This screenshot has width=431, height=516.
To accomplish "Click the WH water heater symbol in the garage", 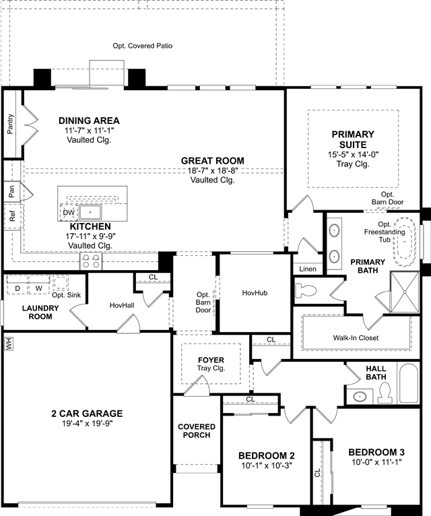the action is (x=9, y=344).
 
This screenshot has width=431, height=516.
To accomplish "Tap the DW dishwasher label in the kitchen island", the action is (x=69, y=213).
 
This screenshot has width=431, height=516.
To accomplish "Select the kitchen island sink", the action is (x=90, y=212).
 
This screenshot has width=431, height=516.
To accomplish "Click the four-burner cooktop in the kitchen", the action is (x=91, y=261).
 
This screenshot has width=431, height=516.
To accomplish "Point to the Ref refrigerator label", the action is (x=13, y=216).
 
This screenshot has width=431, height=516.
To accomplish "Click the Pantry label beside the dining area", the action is (x=11, y=124).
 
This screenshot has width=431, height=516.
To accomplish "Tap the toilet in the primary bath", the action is (x=306, y=291).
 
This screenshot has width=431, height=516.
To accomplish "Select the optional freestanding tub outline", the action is (x=404, y=242).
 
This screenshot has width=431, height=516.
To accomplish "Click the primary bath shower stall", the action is (x=405, y=292).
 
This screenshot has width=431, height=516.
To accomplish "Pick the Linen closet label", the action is (x=308, y=269).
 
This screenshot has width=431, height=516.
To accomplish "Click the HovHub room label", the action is (x=255, y=292).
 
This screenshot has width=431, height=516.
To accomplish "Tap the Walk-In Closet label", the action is (x=356, y=337).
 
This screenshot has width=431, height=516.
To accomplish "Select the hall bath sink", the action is (x=360, y=397).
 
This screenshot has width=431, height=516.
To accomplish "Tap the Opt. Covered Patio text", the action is (x=143, y=46).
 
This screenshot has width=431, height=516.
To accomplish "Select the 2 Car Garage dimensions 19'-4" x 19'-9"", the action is (x=87, y=424).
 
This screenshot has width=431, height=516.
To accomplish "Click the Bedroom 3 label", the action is (x=376, y=452).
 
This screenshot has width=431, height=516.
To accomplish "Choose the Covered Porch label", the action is (x=197, y=430).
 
